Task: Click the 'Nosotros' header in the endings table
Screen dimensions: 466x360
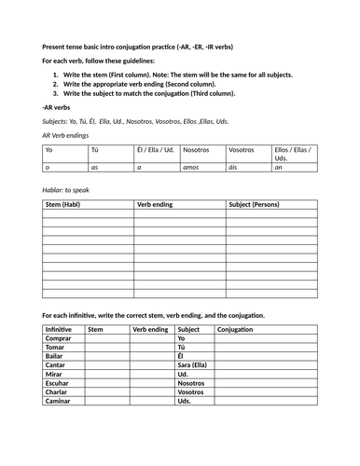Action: coord(196,149)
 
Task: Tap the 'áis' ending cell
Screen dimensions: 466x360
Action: coord(234,167)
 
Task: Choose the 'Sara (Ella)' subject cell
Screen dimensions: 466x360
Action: coord(194,365)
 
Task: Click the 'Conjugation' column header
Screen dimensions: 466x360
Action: coord(240,329)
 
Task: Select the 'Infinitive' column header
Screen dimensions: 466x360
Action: coord(59,329)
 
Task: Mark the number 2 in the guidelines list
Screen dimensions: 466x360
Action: coord(56,84)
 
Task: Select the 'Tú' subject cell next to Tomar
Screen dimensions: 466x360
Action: coord(182,347)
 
